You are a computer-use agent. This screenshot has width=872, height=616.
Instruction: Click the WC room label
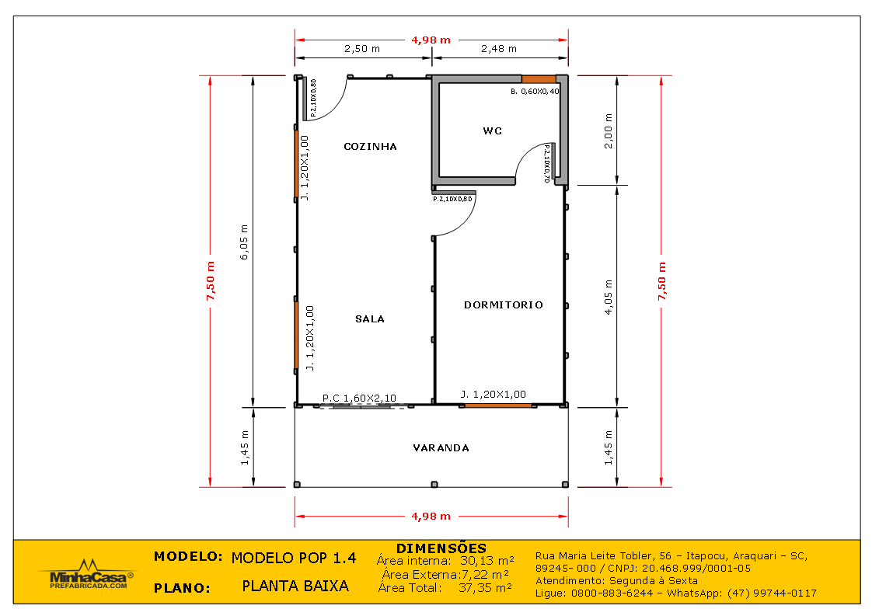coord(492,131)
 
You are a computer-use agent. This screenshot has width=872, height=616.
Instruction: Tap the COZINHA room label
coord(371,147)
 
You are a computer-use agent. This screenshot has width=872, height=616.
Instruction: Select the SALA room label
coord(370,319)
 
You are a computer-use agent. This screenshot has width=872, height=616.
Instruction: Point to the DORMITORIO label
coord(504,305)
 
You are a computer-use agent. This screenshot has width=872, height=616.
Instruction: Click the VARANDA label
coord(441,448)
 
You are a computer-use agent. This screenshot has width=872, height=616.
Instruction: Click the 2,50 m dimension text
coord(362,49)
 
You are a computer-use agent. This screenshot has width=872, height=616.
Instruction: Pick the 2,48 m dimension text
coord(499,49)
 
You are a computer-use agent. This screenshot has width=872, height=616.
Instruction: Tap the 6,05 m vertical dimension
coord(244,242)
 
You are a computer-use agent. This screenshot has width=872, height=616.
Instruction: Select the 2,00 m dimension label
coord(609,131)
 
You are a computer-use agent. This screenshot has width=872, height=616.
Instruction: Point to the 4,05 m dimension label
coord(609,297)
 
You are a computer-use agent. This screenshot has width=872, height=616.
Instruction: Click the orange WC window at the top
coord(539,79)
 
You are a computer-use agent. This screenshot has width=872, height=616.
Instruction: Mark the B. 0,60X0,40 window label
coord(535,91)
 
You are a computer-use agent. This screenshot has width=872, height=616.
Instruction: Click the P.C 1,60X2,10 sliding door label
coord(359,398)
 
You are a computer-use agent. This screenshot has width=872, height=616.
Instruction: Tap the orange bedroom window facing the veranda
coord(497,405)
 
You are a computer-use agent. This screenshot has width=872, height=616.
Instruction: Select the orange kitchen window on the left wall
coord(296,163)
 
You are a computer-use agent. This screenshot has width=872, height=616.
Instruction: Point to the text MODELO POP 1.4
coord(294,559)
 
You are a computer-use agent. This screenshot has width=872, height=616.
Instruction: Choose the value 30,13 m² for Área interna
coord(487,560)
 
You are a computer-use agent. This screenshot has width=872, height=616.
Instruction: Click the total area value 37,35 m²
coord(485,587)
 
